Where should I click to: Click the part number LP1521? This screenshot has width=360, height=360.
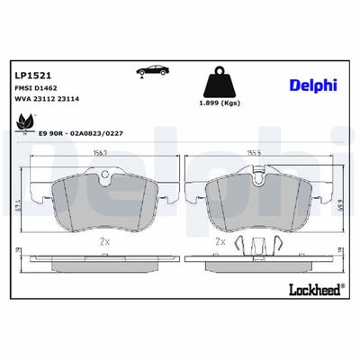click(x=32, y=76)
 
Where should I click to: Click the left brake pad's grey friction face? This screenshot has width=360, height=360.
click(x=101, y=202)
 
